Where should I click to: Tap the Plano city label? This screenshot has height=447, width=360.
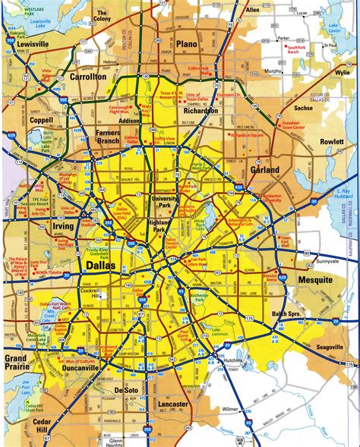click(x=186, y=45)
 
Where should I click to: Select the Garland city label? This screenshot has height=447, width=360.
click(x=265, y=170)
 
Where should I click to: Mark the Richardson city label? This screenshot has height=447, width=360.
click(x=201, y=110)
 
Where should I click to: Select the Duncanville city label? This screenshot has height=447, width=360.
click(x=74, y=367)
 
